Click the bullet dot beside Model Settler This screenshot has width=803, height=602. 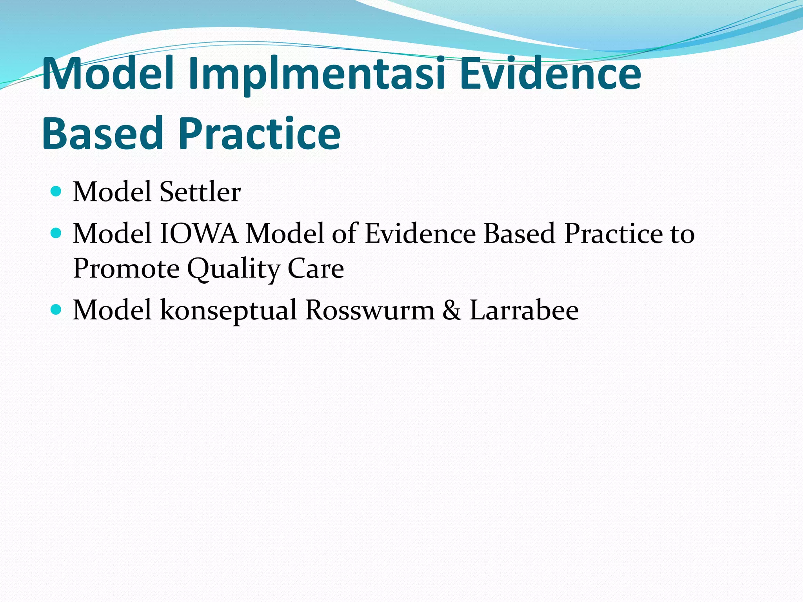(56, 191)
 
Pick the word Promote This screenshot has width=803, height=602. (126, 269)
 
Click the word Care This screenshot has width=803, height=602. (316, 269)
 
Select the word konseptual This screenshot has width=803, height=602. (228, 310)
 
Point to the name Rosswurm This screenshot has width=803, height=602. (370, 310)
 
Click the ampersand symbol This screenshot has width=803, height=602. (452, 310)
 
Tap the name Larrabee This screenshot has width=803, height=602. (524, 310)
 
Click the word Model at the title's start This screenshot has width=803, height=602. (108, 74)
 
